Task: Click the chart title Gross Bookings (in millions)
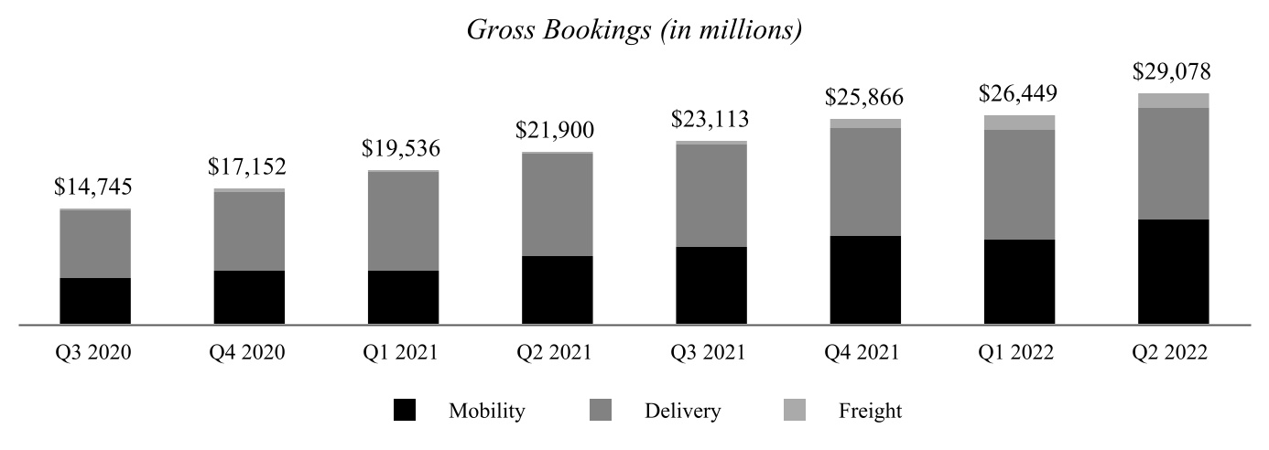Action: coord(634,30)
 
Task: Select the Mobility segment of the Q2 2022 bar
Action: coord(1173,272)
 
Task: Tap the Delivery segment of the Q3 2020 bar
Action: coord(95,244)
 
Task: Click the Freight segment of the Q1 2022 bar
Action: coord(1019,123)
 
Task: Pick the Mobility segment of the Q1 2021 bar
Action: coord(403,297)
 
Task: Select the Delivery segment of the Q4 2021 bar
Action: coord(865,182)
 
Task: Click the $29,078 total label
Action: coord(1173,71)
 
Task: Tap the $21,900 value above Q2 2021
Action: coord(558,130)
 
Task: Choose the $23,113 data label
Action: coord(711,120)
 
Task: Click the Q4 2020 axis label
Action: coord(249,353)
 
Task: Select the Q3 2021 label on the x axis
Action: coord(711,353)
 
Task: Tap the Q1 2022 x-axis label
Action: coord(1019,353)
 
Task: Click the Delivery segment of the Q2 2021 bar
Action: coord(558,205)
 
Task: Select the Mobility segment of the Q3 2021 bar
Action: coord(711,285)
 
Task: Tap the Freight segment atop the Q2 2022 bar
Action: coord(1173,101)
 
